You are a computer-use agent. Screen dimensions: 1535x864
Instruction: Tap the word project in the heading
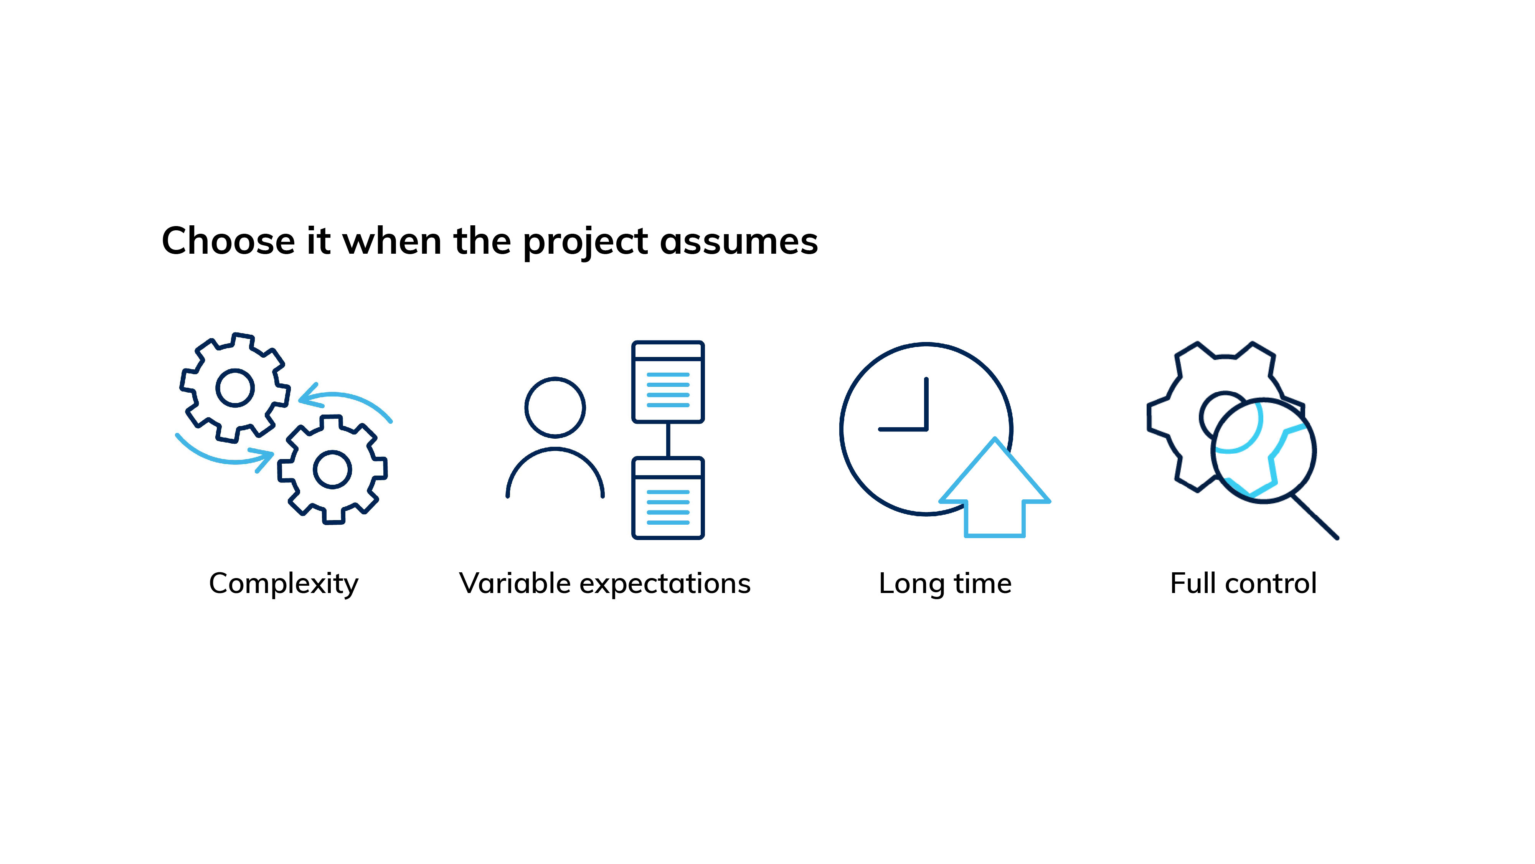(x=585, y=243)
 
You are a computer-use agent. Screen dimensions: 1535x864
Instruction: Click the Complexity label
(x=284, y=584)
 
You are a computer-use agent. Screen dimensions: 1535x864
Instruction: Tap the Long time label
(x=945, y=584)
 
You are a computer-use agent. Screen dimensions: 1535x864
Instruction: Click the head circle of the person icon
(x=555, y=379)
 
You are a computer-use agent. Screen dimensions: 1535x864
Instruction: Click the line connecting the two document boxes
(x=668, y=440)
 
